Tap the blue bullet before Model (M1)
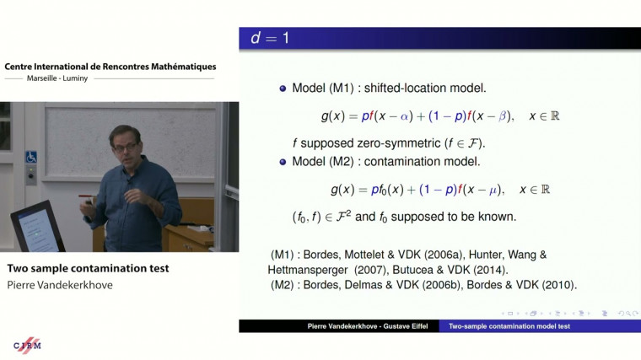(283, 89)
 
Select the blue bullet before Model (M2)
(283, 161)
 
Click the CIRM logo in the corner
(28, 346)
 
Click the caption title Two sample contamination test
(88, 268)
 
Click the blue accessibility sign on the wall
(31, 157)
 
